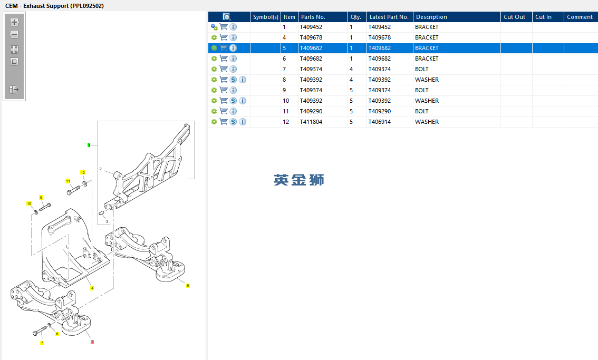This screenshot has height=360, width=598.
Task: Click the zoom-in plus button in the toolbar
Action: (14, 22)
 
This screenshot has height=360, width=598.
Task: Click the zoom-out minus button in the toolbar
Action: (14, 34)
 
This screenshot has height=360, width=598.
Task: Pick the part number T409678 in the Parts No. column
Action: (311, 37)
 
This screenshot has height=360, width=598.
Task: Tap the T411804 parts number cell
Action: (311, 122)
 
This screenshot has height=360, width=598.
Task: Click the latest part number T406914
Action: (380, 122)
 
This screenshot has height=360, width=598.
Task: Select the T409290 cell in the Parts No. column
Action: (311, 111)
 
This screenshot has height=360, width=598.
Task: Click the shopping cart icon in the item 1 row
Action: (224, 27)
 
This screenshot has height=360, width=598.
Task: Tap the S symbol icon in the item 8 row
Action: (234, 80)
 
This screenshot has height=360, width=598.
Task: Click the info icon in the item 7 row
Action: (234, 69)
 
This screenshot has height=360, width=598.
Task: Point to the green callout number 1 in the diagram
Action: (89, 145)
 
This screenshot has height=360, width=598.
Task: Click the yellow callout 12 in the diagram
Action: (83, 173)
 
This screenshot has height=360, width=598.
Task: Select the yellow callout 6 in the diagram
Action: (188, 286)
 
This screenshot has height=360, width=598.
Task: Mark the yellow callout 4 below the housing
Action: (92, 288)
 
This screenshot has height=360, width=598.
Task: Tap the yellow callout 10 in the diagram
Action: (29, 203)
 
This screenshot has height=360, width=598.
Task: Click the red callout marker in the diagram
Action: (92, 342)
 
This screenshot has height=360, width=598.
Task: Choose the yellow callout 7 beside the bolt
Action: (42, 343)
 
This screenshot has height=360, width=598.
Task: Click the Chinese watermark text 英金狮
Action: (298, 180)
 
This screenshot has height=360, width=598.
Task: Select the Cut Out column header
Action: (514, 17)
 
